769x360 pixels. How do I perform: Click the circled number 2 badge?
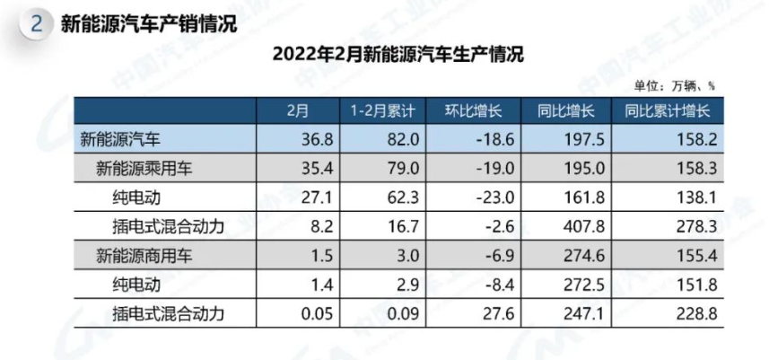coord(37,24)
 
